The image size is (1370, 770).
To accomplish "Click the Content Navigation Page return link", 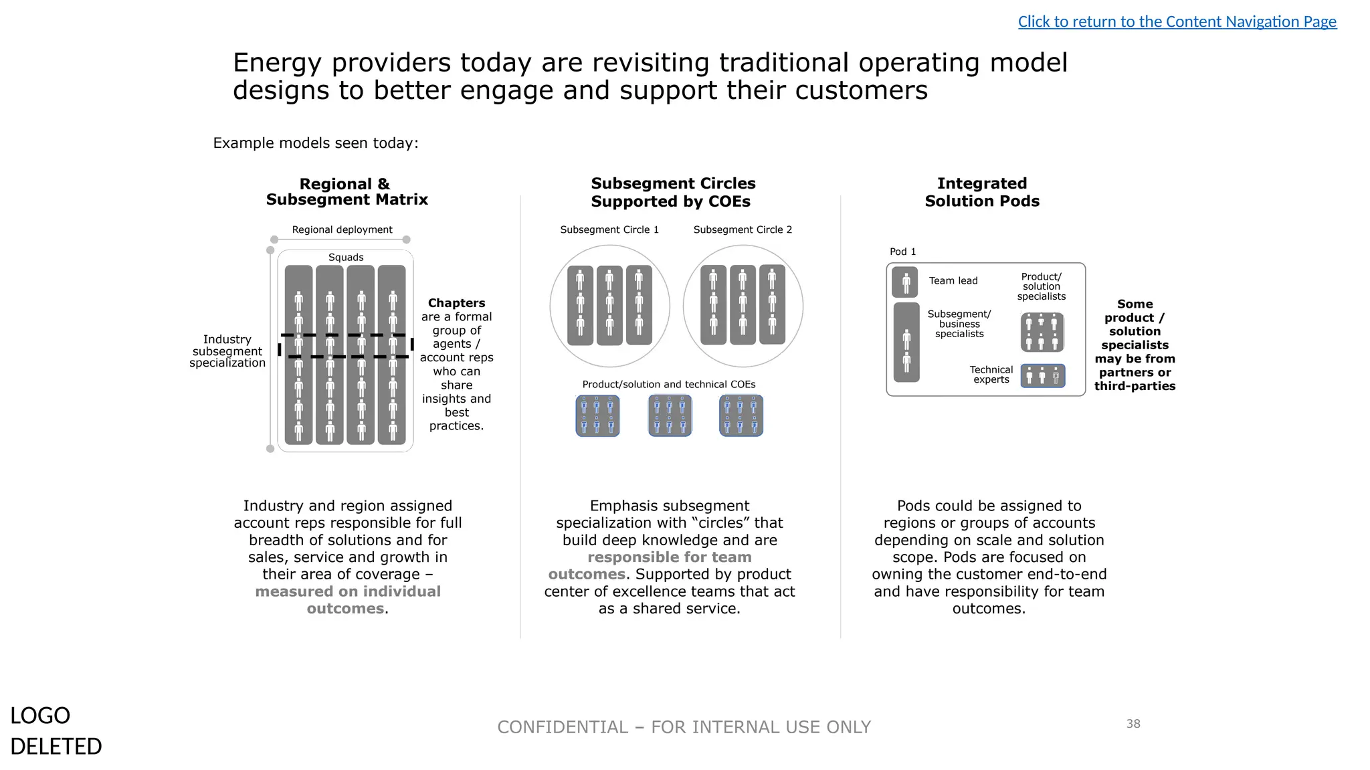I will (1177, 22).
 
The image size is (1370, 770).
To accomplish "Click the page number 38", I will (1133, 724).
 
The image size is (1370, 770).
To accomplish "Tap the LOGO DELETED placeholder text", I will (56, 731).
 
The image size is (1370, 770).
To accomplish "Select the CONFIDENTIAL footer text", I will (684, 727).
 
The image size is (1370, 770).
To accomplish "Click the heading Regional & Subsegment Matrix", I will (347, 192).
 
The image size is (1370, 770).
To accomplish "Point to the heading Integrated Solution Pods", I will (982, 192).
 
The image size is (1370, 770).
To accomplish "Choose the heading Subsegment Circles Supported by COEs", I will (672, 193).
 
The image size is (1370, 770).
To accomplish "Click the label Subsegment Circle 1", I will (609, 229).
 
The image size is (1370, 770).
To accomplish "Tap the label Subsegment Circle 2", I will (743, 229).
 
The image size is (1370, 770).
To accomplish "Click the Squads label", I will (346, 258).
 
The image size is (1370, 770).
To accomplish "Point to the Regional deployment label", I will (342, 229).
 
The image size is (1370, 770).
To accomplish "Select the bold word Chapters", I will (456, 303).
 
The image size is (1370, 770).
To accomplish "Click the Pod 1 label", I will (902, 252).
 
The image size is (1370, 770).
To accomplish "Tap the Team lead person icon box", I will (905, 282).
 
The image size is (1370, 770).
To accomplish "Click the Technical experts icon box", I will (1042, 376).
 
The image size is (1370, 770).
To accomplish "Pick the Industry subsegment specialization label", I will (227, 351).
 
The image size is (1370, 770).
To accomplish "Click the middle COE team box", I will (670, 415).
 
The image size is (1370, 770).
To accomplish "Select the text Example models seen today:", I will (315, 143).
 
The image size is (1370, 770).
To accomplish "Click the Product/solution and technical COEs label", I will (668, 385).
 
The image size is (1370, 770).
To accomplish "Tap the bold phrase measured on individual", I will (347, 591).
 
